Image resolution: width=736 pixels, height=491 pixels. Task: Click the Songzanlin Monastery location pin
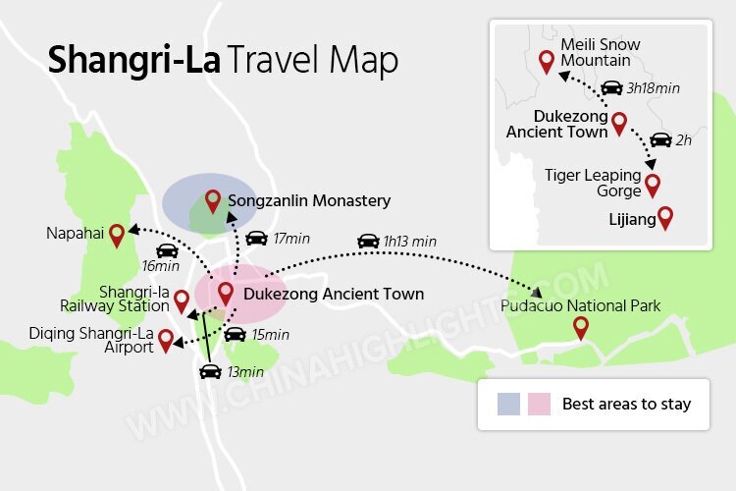pyautogui.click(x=213, y=201)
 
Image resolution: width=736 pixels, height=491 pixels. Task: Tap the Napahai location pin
pyautogui.click(x=117, y=234)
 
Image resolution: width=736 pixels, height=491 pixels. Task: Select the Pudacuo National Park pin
pyautogui.click(x=581, y=327)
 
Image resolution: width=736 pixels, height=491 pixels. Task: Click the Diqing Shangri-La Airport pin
pyautogui.click(x=166, y=340)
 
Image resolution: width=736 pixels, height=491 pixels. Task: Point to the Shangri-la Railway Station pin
pyautogui.click(x=181, y=301)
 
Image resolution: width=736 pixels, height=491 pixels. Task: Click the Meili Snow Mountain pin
pyautogui.click(x=547, y=62)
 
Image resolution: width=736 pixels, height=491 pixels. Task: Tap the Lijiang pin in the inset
pyautogui.click(x=665, y=218)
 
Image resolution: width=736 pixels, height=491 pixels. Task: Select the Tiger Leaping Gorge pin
pyautogui.click(x=652, y=184)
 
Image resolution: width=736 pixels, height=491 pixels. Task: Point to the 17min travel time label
pyautogui.click(x=291, y=239)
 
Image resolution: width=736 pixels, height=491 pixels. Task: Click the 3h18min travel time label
pyautogui.click(x=654, y=88)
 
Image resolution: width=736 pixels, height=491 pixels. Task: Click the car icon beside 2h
pyautogui.click(x=661, y=139)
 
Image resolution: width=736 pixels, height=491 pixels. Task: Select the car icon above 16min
pyautogui.click(x=167, y=250)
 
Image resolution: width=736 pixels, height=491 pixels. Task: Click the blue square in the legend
pyautogui.click(x=508, y=404)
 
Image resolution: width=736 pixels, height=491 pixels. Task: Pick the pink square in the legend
pyautogui.click(x=539, y=404)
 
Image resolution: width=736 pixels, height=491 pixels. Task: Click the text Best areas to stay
pyautogui.click(x=626, y=404)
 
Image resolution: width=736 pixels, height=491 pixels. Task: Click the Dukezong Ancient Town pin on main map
pyautogui.click(x=225, y=292)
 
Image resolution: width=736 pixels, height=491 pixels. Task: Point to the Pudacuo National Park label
pyautogui.click(x=581, y=306)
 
